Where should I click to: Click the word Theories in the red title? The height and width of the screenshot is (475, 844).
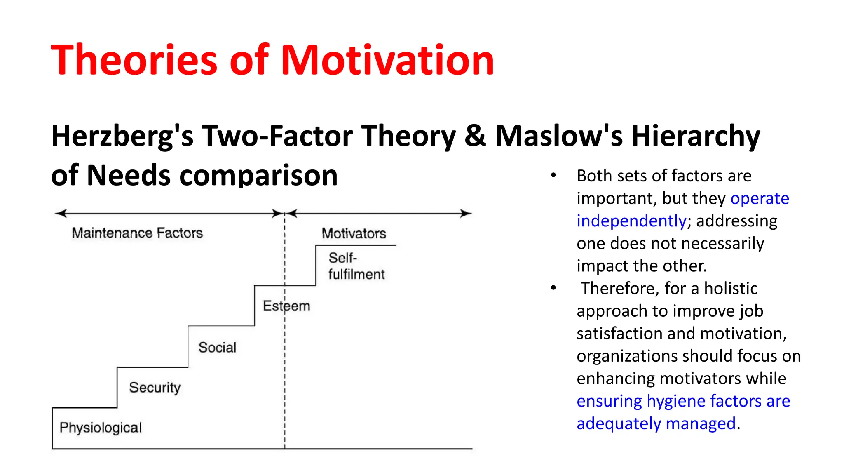click(x=134, y=60)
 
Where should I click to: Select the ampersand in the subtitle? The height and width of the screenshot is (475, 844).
click(x=475, y=136)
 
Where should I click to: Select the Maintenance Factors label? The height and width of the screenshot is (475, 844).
click(x=137, y=233)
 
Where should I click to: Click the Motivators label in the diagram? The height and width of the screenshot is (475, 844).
click(x=354, y=233)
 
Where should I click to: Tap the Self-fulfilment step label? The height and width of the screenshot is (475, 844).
click(x=356, y=266)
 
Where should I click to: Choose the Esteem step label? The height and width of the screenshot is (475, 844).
click(x=286, y=306)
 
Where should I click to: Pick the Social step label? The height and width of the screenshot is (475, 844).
click(x=217, y=348)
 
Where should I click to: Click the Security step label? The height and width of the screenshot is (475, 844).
click(x=155, y=388)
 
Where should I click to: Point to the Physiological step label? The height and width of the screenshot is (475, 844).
click(x=101, y=428)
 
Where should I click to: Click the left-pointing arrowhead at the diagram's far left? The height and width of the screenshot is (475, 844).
click(x=61, y=213)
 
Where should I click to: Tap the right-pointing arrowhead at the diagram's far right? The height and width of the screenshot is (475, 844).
click(x=466, y=213)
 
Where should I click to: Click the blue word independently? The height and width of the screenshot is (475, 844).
click(x=631, y=221)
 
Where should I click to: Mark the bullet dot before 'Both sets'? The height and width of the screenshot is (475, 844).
click(x=553, y=176)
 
